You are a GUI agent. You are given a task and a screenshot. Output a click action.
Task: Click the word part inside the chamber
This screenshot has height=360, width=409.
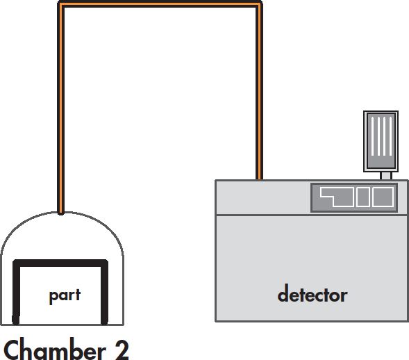[x=65, y=296]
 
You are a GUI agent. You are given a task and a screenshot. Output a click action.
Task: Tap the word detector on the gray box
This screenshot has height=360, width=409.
[x=312, y=294]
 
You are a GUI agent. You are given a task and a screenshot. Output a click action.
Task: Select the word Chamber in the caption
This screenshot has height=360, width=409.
[x=55, y=349]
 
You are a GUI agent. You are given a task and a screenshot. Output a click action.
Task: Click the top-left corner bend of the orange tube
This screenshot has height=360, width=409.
[x=61, y=4]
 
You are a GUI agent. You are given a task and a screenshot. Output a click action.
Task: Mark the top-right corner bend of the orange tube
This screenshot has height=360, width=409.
[x=259, y=4]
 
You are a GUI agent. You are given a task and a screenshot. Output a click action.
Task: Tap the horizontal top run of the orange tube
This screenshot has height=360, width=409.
[x=160, y=4]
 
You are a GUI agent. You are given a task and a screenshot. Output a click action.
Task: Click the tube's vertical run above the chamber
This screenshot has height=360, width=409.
[x=61, y=108]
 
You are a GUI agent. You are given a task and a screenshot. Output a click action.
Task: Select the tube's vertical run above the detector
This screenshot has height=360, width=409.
[x=259, y=91]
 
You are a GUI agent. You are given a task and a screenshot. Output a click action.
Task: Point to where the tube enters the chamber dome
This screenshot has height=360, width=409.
[x=61, y=213]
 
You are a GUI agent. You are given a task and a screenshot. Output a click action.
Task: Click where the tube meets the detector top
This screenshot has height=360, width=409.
[x=259, y=179]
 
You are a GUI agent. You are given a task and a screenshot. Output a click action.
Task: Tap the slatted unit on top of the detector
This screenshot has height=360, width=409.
[x=381, y=141]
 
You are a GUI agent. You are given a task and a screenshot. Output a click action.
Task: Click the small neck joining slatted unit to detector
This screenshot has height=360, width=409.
[x=386, y=176]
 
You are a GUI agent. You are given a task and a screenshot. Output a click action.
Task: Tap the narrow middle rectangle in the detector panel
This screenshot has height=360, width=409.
[x=363, y=197]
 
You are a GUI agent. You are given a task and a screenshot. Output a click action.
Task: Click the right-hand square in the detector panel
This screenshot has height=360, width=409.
[x=383, y=197]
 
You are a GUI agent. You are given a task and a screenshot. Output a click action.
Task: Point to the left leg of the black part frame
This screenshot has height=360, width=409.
[x=16, y=293]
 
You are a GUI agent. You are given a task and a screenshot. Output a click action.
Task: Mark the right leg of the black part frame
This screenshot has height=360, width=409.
[x=104, y=293]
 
